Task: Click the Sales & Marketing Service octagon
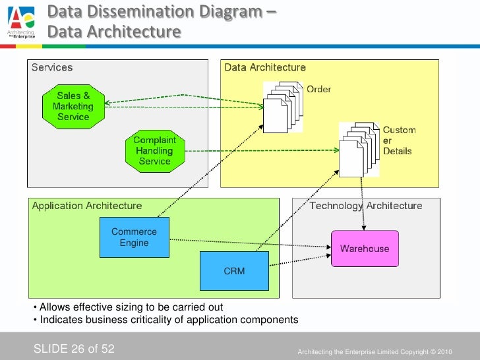point(73,107)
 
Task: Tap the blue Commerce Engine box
point(134,237)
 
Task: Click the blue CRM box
point(234,271)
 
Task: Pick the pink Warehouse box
point(364,249)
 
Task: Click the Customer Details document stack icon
point(359,146)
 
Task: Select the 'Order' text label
point(318,89)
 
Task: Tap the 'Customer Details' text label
point(399,140)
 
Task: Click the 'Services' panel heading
point(52,67)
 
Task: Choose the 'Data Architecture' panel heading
point(265,67)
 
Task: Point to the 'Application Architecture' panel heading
point(86,206)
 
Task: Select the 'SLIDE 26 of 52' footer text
point(74,347)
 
